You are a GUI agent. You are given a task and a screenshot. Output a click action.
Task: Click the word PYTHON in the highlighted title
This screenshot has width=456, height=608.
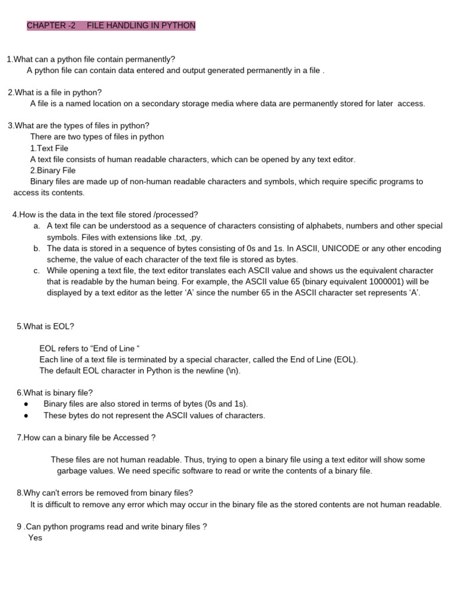coord(178,26)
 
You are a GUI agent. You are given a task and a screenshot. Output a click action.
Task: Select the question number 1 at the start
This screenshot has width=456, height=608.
coord(9,59)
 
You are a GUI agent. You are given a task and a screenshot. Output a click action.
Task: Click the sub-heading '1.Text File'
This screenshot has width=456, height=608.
coord(49,148)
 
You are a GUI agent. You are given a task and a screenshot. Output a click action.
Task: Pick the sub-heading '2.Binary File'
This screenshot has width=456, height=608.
coord(53,170)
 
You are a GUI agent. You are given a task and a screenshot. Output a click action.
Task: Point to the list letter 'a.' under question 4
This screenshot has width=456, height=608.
coord(37,226)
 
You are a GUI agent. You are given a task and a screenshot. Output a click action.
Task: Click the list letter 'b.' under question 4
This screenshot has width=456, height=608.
coord(37,249)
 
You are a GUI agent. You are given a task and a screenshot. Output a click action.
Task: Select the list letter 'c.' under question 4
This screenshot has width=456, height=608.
coord(37,271)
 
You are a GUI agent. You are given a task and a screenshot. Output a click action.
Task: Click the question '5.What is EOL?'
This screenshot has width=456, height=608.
coord(45,326)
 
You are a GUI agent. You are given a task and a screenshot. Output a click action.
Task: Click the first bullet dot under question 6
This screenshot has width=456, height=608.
coord(26,404)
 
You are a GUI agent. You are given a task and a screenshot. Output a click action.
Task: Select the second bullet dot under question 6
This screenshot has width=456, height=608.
coord(26,416)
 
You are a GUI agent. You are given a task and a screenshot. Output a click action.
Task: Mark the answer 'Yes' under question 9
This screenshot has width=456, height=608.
coord(35,538)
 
